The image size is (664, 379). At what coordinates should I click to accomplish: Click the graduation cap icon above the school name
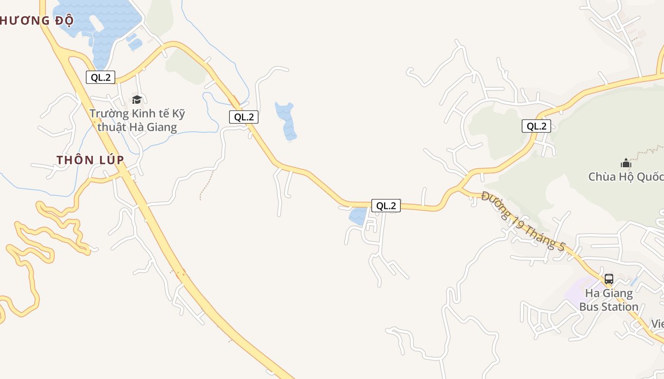pyautogui.click(x=137, y=99)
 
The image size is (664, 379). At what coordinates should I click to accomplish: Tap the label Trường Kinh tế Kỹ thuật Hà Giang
pyautogui.click(x=137, y=120)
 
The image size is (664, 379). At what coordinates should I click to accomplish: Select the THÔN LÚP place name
pyautogui.click(x=90, y=160)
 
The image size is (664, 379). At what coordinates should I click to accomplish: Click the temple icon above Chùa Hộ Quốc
pyautogui.click(x=626, y=163)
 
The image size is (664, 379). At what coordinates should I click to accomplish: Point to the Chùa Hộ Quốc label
pyautogui.click(x=626, y=177)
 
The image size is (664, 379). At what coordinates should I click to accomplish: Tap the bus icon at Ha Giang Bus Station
pyautogui.click(x=609, y=279)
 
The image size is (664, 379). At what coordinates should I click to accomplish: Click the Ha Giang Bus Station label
pyautogui.click(x=609, y=300)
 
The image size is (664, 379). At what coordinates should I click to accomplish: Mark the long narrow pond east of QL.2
pyautogui.click(x=286, y=121)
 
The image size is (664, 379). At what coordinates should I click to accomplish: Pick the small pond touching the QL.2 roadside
pyautogui.click(x=358, y=216)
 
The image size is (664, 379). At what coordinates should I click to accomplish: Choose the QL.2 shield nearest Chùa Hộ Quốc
pyautogui.click(x=536, y=126)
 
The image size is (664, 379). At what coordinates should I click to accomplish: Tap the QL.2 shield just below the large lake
pyautogui.click(x=101, y=77)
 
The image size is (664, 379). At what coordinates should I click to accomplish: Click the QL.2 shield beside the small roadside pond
pyautogui.click(x=386, y=206)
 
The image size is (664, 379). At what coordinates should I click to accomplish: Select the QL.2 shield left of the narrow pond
pyautogui.click(x=244, y=117)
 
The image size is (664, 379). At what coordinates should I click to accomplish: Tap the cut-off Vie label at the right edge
pyautogui.click(x=657, y=324)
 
